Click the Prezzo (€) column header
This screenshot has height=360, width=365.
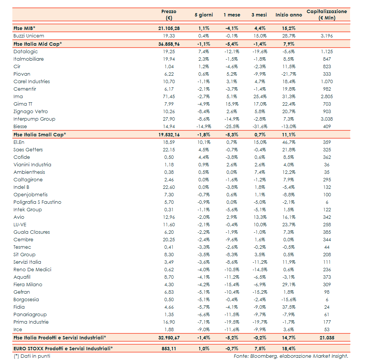168,15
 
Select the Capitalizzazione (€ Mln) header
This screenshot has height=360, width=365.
326,15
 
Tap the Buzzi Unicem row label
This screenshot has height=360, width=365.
29,36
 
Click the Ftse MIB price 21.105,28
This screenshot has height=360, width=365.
169,28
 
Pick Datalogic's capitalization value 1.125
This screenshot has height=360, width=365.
326,52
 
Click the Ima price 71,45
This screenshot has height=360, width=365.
169,97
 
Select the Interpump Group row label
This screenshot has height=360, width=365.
34,119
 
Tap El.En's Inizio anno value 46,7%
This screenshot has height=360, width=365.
288,142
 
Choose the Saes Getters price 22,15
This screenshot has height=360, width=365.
169,150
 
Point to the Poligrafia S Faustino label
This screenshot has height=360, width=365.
37,202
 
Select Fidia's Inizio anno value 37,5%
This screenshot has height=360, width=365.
288,307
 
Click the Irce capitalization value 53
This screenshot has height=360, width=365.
326,330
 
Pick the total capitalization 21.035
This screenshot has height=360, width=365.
326,338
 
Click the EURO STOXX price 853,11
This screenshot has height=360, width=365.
169,348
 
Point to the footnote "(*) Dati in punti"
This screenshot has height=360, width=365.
32,356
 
